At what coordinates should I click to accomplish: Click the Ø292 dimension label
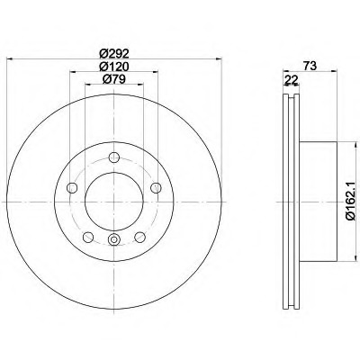click(x=114, y=53)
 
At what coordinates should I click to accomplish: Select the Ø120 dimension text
click(x=114, y=66)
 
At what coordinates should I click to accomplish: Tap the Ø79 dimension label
click(x=113, y=79)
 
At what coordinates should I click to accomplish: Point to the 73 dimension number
click(x=310, y=66)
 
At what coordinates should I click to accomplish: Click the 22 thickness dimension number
click(x=292, y=79)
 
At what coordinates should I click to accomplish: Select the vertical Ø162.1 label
click(x=352, y=202)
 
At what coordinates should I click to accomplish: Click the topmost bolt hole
click(x=114, y=157)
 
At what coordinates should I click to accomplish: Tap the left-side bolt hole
click(x=72, y=188)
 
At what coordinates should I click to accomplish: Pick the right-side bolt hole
click(x=156, y=188)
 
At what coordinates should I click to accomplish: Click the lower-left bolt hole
click(x=88, y=238)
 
